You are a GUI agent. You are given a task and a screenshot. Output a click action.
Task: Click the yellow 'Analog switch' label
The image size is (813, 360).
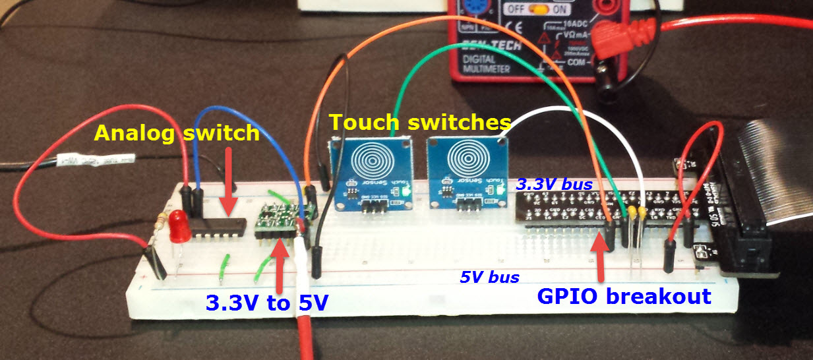tap(177, 133)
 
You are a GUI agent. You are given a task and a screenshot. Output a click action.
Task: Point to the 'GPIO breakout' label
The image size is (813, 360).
tap(624, 296)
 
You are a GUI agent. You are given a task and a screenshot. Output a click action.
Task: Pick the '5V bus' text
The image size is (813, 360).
tap(489, 277)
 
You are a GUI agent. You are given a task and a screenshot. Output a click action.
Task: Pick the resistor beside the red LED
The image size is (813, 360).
tap(160, 224)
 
